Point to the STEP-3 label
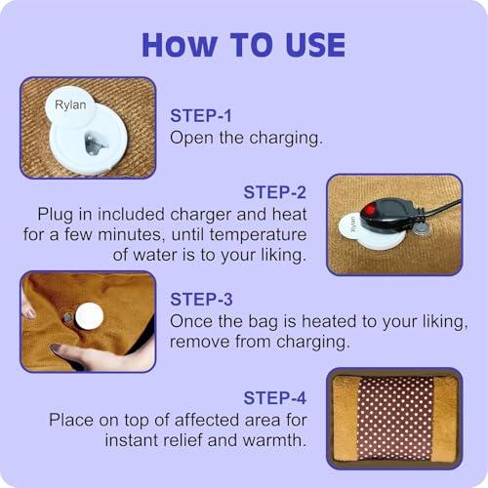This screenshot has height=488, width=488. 204,300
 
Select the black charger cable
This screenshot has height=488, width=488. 439,206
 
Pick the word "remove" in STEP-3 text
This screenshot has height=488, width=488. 199,343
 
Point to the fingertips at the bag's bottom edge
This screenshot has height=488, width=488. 59,349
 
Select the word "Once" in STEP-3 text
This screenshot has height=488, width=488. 191,321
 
